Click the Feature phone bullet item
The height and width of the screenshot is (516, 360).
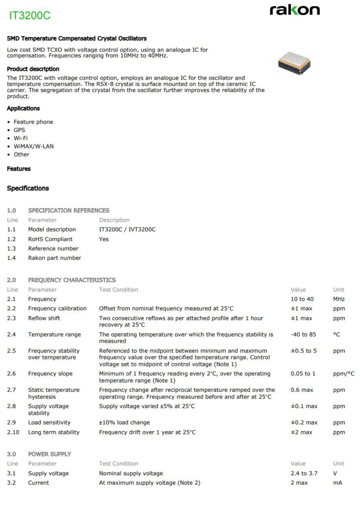coord(34,122)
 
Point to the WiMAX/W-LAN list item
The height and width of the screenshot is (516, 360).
coord(34,146)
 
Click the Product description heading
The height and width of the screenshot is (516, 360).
coord(33,69)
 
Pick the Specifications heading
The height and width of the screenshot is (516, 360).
coord(28,188)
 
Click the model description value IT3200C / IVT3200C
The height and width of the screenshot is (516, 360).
coord(127,230)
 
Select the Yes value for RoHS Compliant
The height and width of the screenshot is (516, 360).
coord(104,239)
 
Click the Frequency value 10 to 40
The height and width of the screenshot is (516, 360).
coord(302,299)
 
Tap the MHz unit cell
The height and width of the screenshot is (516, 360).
coord(339,299)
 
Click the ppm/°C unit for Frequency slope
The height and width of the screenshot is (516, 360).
coord(344,374)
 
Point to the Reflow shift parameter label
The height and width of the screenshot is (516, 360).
coord(44,318)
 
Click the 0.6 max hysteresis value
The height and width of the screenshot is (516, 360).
coord(301,390)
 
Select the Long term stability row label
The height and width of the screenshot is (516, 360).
coord(54,432)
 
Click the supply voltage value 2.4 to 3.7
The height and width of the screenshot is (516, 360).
coord(304,473)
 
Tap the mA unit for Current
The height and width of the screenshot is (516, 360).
coord(337,483)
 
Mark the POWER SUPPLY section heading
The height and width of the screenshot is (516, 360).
coord(49,454)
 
